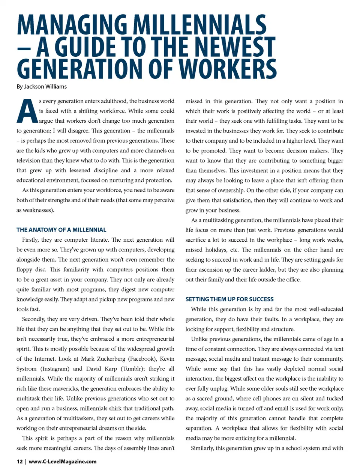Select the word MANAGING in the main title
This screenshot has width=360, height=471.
[72, 25]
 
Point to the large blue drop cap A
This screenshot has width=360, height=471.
[27, 111]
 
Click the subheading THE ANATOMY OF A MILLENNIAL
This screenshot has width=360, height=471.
[61, 230]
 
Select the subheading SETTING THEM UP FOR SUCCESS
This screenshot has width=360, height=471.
[229, 299]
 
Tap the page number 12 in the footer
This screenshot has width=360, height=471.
[19, 462]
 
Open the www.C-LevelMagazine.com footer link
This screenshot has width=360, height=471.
[63, 462]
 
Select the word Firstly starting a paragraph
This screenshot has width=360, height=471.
[30, 240]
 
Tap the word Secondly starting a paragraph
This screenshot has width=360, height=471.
[33, 319]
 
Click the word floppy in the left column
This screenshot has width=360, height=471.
[24, 269]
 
